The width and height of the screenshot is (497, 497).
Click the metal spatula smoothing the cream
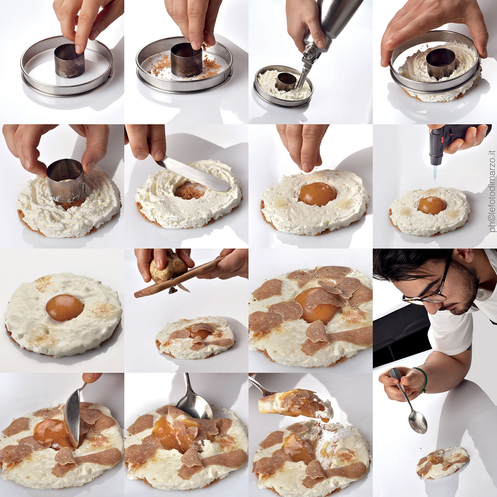(191, 169)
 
